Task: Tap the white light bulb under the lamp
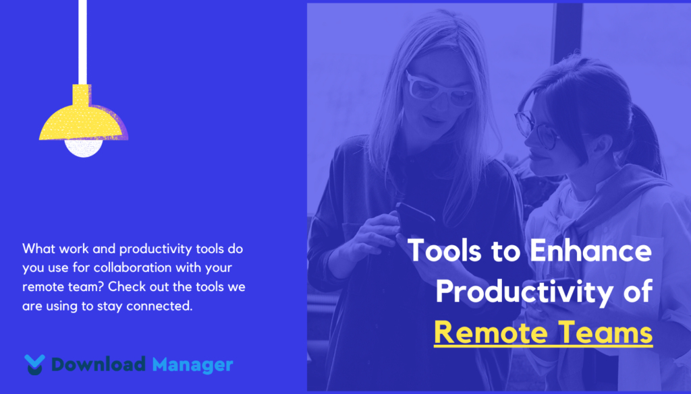click(x=84, y=148)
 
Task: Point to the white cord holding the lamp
click(x=82, y=42)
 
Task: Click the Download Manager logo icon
click(x=34, y=364)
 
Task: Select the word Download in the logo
click(x=99, y=364)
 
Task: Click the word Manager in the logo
click(x=192, y=365)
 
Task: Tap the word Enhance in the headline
click(x=590, y=251)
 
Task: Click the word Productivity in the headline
click(x=524, y=292)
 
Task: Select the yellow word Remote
click(x=489, y=333)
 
